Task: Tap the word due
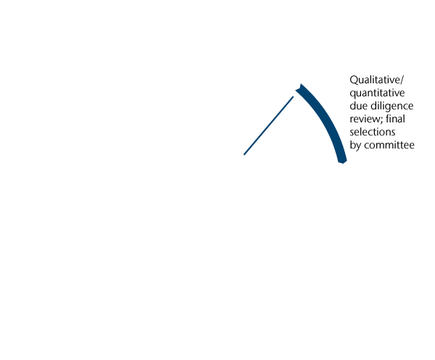[x=359, y=106]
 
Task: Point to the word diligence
[x=391, y=106]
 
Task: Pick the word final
[x=397, y=119]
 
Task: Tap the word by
[x=356, y=146]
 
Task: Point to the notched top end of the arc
[x=299, y=88]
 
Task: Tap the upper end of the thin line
[x=292, y=98]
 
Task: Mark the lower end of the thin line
[x=244, y=154]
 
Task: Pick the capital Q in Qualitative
[x=354, y=80]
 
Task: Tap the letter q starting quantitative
[x=353, y=93]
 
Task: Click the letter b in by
[x=353, y=145]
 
